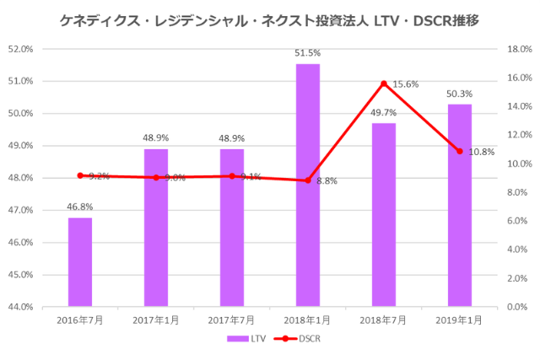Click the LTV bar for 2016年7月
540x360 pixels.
pyautogui.click(x=80, y=261)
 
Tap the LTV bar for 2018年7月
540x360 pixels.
pyautogui.click(x=384, y=214)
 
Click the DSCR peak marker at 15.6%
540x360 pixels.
pyautogui.click(x=384, y=83)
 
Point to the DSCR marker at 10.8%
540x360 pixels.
pyautogui.click(x=460, y=151)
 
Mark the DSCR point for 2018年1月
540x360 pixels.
pyautogui.click(x=308, y=180)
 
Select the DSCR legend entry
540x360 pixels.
pyautogui.click(x=297, y=338)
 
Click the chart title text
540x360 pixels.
pyautogui.click(x=270, y=19)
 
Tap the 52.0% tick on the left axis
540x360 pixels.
pyautogui.click(x=20, y=49)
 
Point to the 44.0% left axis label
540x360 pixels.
pyautogui.click(x=20, y=307)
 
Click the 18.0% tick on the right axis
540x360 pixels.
pyautogui.click(x=517, y=49)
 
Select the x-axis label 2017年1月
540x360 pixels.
pyautogui.click(x=156, y=320)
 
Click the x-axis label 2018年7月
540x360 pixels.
pyautogui.click(x=384, y=320)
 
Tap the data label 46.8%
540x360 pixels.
pyautogui.click(x=80, y=206)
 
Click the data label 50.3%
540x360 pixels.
pyautogui.click(x=460, y=94)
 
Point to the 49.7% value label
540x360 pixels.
pyautogui.click(x=384, y=112)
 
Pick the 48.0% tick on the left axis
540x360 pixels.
pyautogui.click(x=20, y=178)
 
